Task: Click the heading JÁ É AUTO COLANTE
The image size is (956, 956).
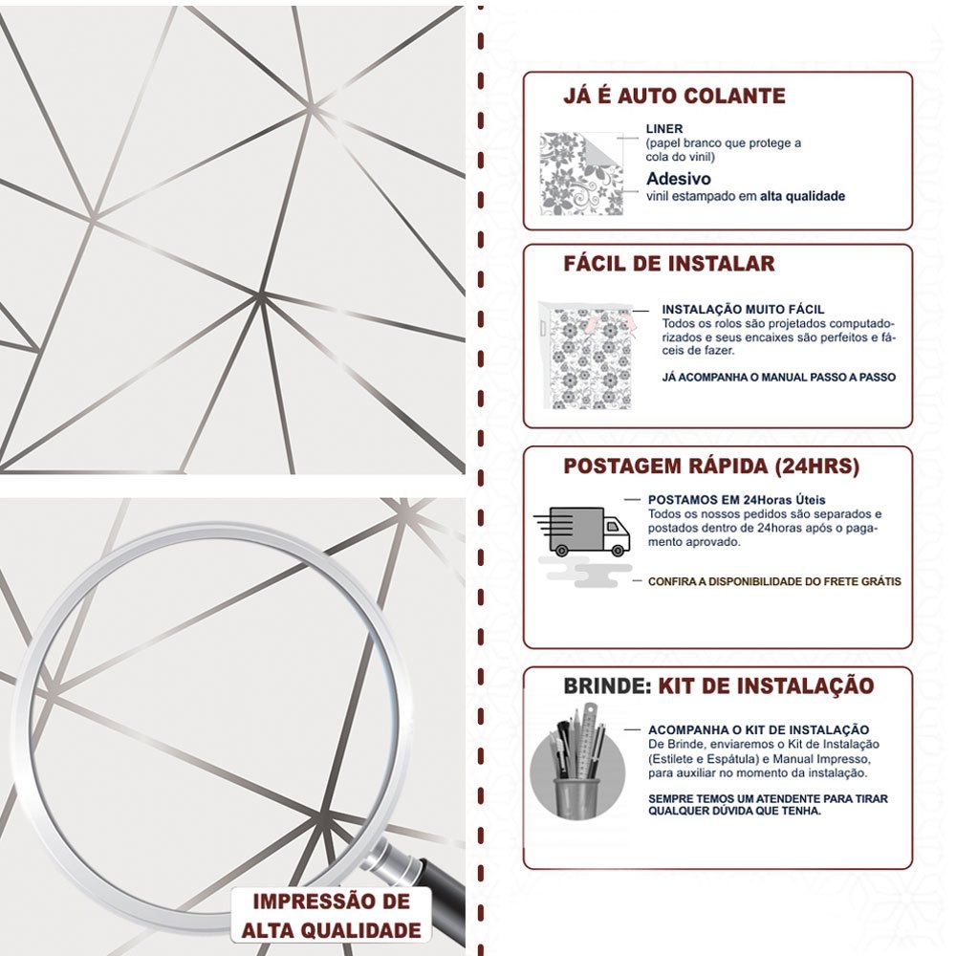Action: coord(674,97)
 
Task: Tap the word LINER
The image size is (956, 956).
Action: coord(664,129)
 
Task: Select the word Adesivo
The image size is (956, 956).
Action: coord(679,179)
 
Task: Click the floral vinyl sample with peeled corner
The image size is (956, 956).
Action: coord(581,174)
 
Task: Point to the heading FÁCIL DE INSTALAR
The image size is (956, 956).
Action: coord(669,264)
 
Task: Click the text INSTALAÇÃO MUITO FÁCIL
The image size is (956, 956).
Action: coord(743,309)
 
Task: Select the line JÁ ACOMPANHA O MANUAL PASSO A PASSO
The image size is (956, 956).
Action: coord(778,377)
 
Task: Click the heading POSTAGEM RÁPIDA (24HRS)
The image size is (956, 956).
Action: coord(711,467)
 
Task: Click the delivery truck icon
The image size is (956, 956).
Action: coord(582,532)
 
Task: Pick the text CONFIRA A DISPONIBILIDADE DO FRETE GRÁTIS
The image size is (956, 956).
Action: coord(774,581)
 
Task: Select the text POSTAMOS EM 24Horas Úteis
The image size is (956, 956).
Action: coord(736,500)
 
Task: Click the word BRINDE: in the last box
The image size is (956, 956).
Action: coord(607,685)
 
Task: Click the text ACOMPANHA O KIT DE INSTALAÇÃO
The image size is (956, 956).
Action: coord(758,729)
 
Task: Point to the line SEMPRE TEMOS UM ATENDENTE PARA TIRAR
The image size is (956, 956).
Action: coord(768,798)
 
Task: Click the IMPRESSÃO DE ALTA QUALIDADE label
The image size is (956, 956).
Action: coord(331,916)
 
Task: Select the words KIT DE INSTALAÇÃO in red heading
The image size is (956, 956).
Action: coord(766,685)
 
